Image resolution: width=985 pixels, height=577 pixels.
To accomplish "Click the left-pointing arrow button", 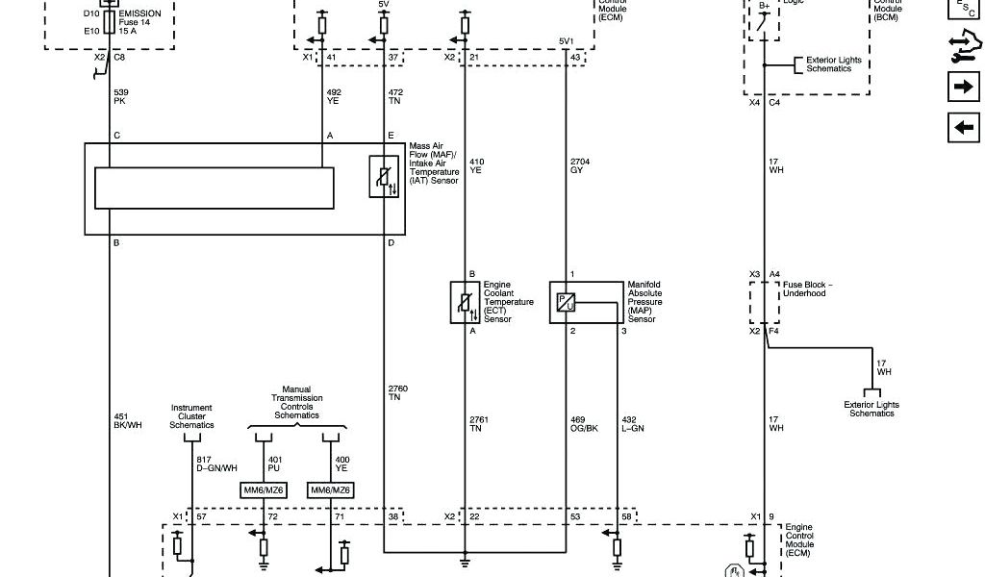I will coord(963,126).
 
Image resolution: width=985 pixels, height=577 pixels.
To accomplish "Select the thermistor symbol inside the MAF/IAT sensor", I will coord(384,176).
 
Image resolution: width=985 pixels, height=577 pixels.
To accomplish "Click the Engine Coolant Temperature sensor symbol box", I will coord(465,302).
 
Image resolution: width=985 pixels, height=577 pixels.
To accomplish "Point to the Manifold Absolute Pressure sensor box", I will coord(586,302).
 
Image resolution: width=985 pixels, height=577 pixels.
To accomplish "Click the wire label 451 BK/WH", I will coord(128,421).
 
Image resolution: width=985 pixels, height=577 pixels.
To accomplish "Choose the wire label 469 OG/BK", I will coord(584,425).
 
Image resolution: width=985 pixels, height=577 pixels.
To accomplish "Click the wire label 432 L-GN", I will coord(633,425).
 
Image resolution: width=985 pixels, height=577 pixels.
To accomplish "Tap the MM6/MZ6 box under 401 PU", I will coord(263,490).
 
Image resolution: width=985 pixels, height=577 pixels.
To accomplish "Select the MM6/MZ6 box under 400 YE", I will coord(331,490).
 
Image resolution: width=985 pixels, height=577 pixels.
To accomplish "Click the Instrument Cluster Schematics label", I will coord(191,416).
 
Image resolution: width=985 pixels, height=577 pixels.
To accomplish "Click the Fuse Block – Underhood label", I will coord(808,289).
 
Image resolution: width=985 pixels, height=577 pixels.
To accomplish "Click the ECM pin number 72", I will coord(273,517).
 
